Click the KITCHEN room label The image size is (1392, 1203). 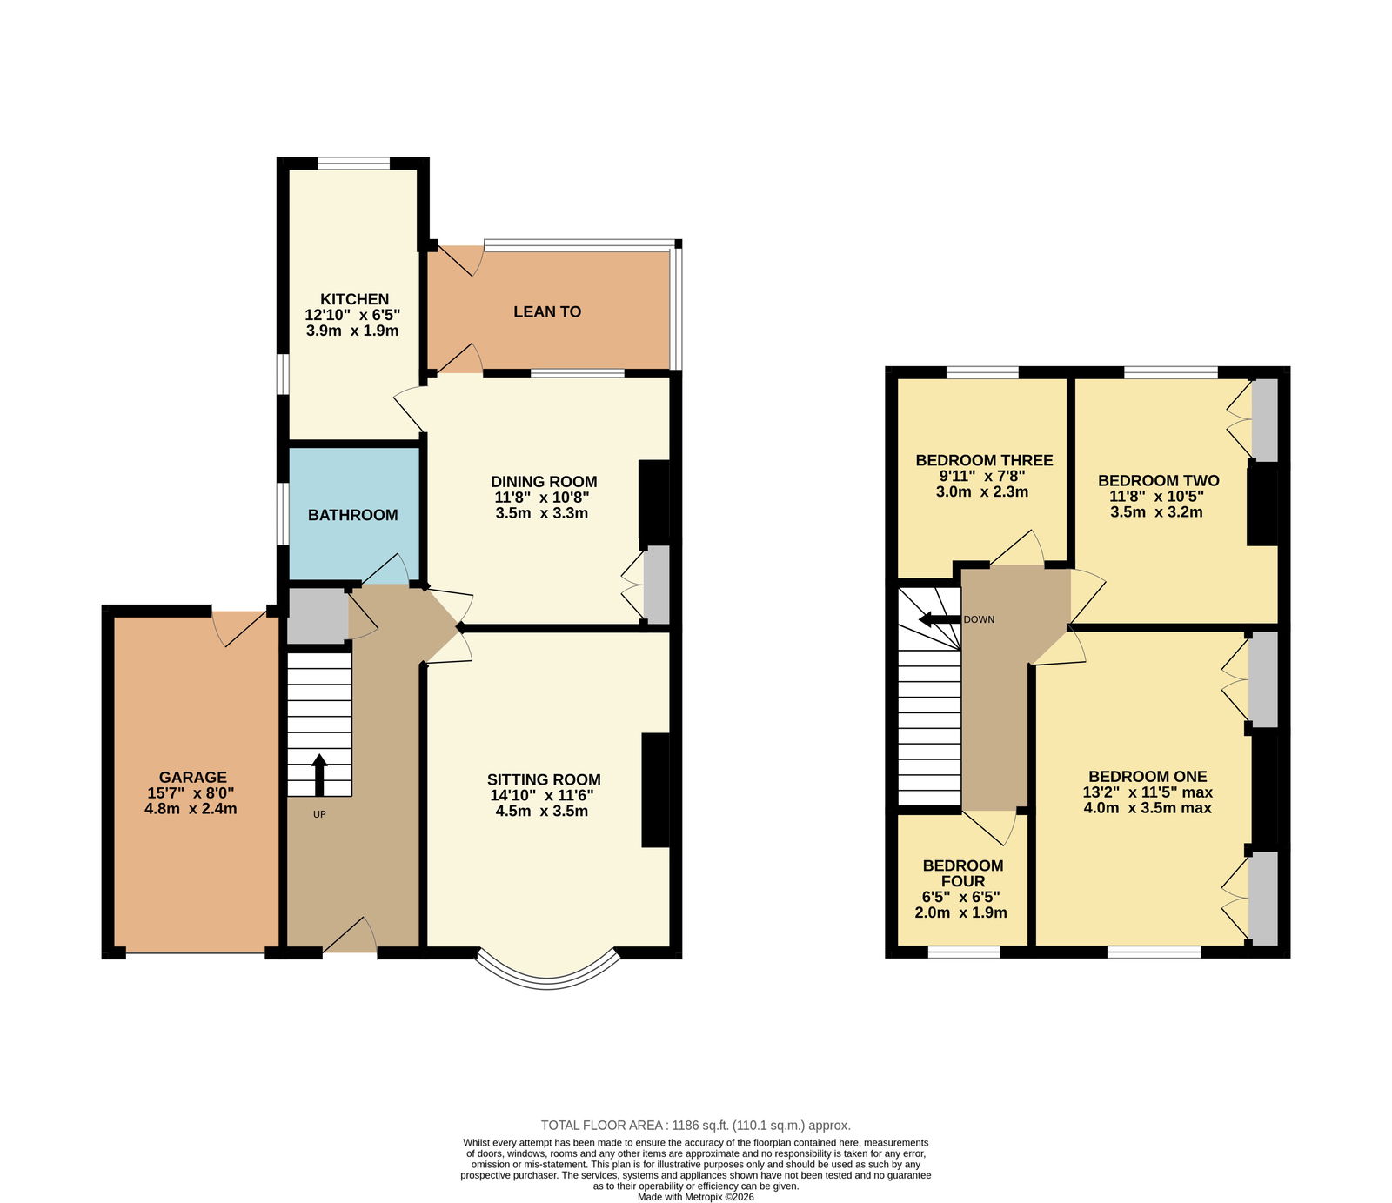click(x=353, y=299)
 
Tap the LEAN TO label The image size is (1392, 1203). click(x=547, y=311)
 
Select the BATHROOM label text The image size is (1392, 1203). click(x=353, y=515)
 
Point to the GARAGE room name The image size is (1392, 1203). click(x=192, y=778)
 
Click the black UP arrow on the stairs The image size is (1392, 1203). click(x=318, y=775)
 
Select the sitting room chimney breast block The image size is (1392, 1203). click(x=656, y=790)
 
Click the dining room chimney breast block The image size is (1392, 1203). click(x=654, y=500)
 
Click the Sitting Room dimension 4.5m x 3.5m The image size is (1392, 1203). click(x=544, y=812)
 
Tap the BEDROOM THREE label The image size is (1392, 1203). click(x=984, y=460)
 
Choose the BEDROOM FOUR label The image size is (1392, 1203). click(x=963, y=873)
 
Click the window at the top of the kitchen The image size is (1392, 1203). click(x=353, y=163)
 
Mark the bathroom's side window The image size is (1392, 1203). click(x=283, y=514)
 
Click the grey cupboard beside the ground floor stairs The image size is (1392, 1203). click(x=318, y=617)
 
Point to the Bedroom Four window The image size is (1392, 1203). click(x=964, y=952)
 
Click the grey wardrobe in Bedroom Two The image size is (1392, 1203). click(x=1264, y=420)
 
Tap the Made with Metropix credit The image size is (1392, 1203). click(x=696, y=1197)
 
